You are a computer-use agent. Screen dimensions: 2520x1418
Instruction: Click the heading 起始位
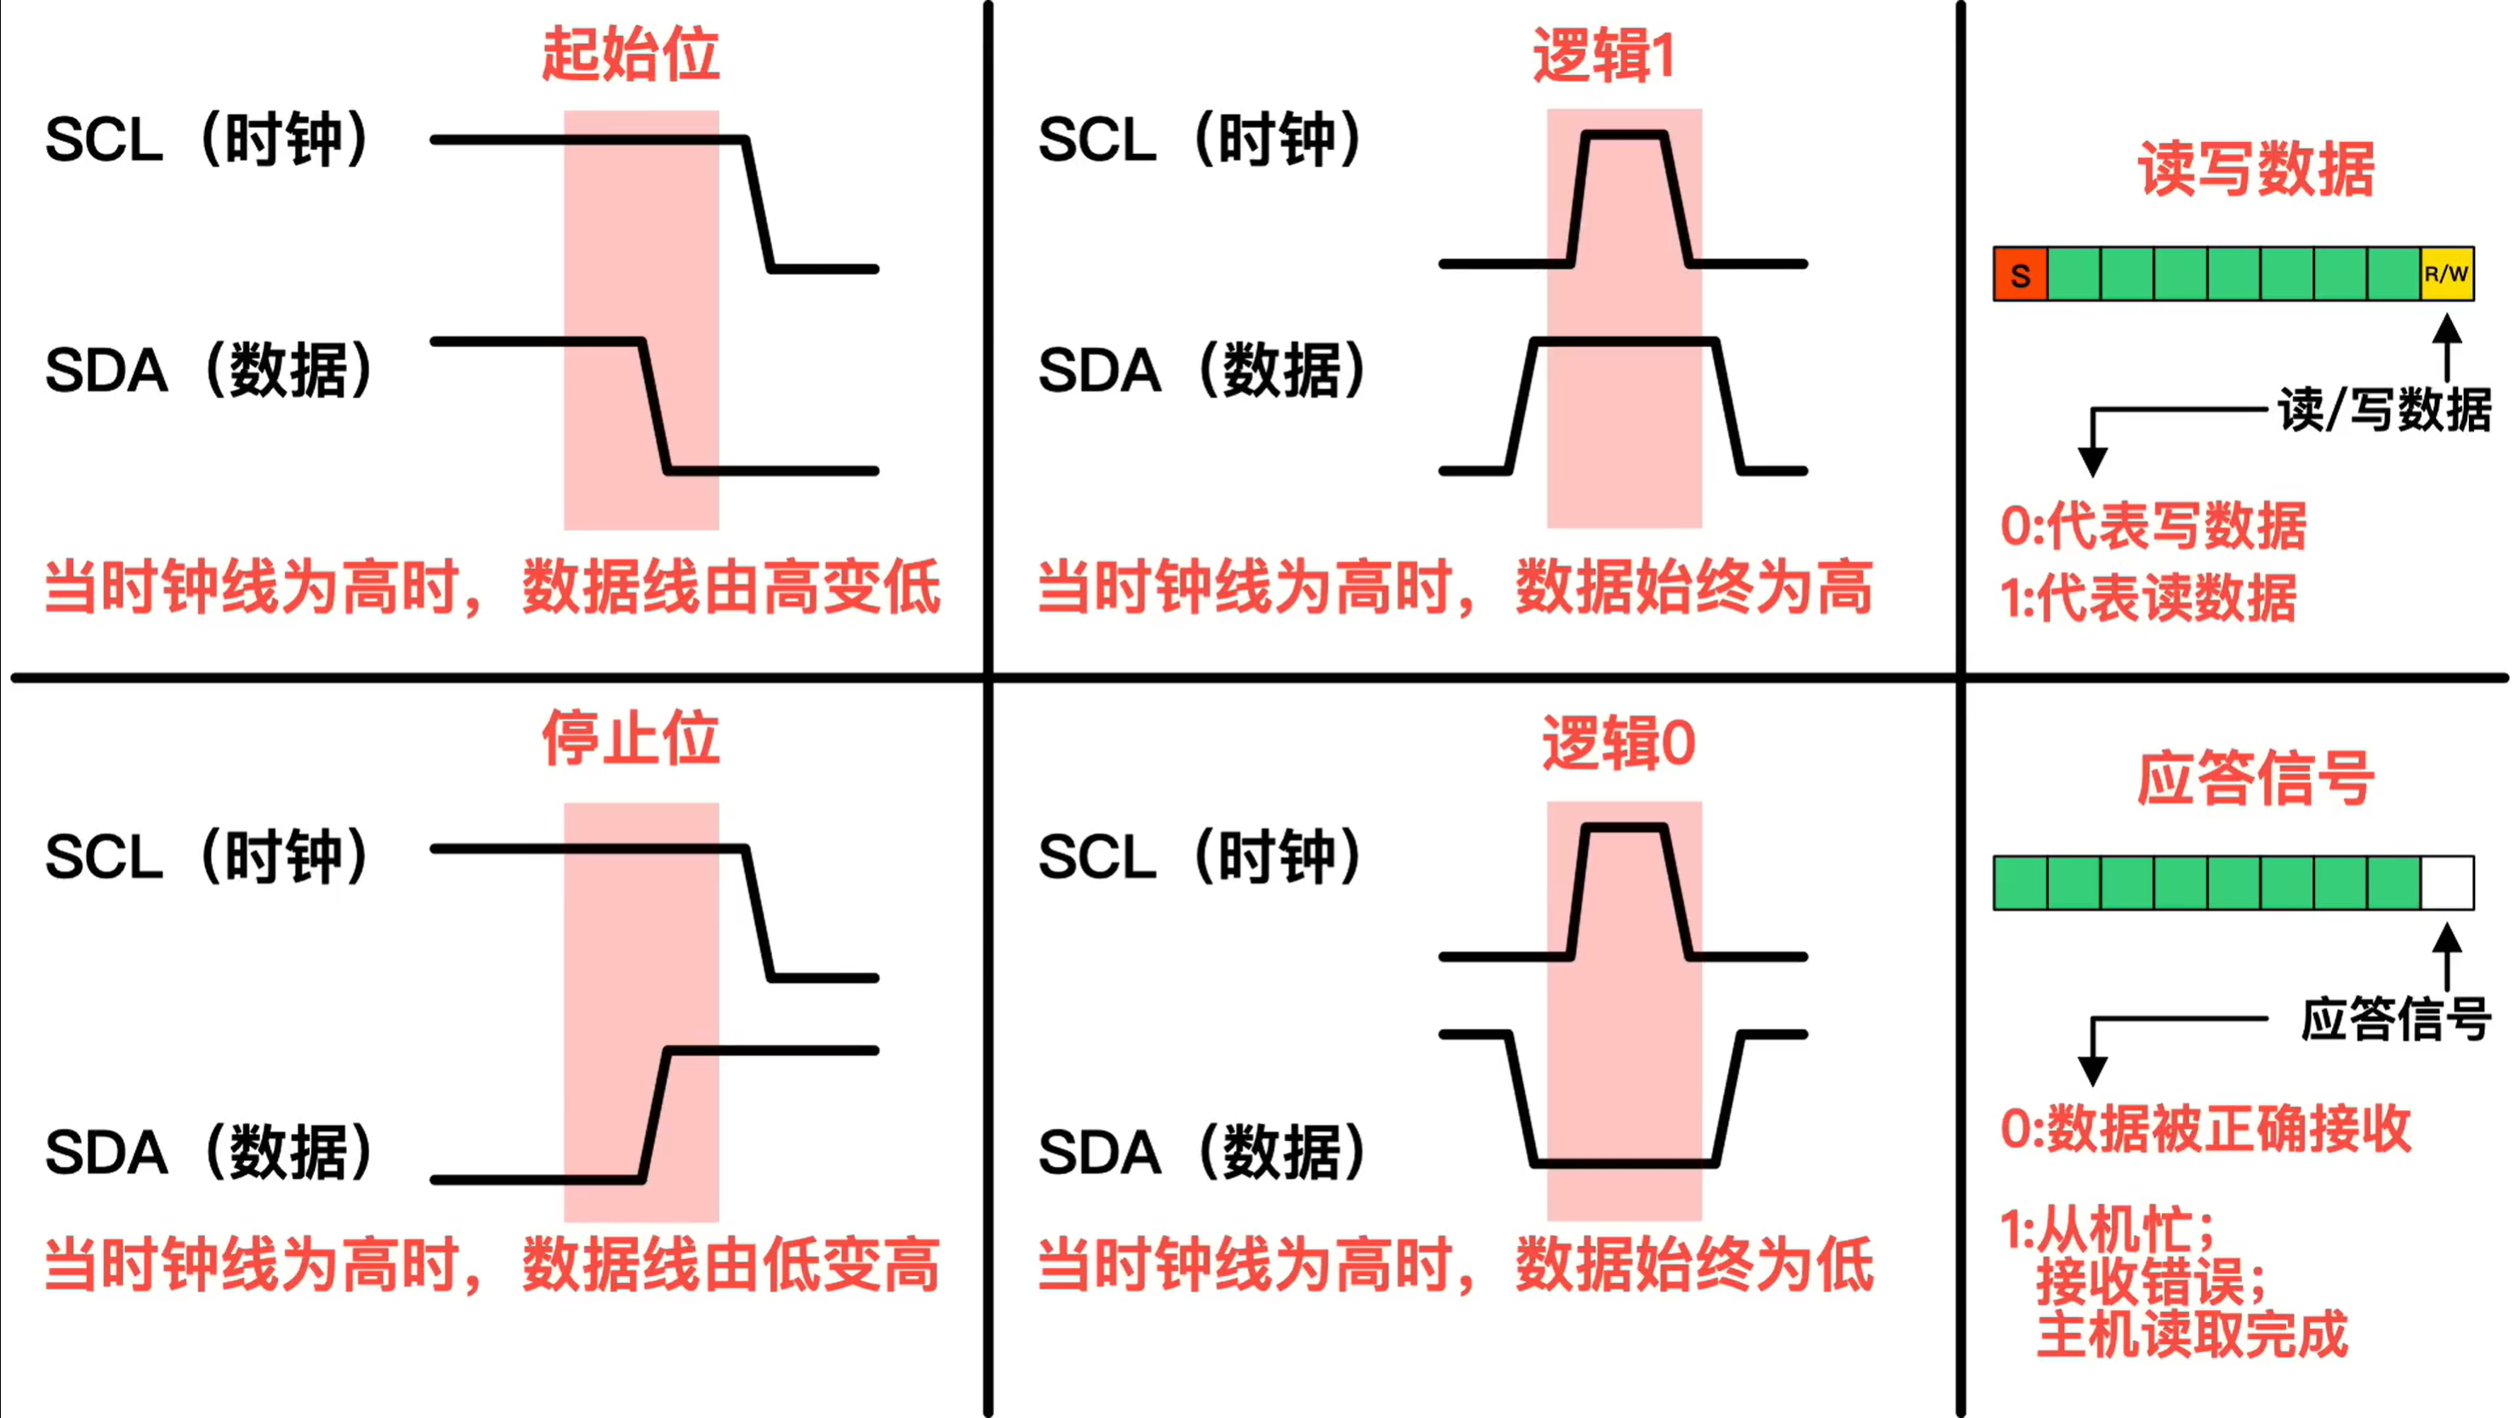pyautogui.click(x=631, y=54)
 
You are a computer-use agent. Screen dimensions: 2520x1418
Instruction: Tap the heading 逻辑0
pyautogui.click(x=1618, y=743)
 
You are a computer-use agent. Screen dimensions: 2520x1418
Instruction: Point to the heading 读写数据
pyautogui.click(x=2255, y=168)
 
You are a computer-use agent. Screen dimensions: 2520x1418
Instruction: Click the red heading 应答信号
pyautogui.click(x=2255, y=778)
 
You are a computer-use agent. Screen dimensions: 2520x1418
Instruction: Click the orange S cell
pyautogui.click(x=2020, y=274)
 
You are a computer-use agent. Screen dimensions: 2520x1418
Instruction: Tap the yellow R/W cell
pyautogui.click(x=2448, y=274)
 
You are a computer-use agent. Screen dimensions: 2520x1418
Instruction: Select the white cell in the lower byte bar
pyautogui.click(x=2448, y=883)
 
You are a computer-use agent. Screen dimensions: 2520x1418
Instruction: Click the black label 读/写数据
pyautogui.click(x=2384, y=409)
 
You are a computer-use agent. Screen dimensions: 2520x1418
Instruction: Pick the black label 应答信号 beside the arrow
pyautogui.click(x=2396, y=1019)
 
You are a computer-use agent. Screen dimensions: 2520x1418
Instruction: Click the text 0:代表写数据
pyautogui.click(x=2153, y=526)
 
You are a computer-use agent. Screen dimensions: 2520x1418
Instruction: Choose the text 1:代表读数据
pyautogui.click(x=2148, y=597)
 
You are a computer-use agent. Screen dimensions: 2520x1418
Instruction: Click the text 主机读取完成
pyautogui.click(x=2192, y=1334)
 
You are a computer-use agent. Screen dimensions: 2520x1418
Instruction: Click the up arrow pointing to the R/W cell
pyautogui.click(x=2447, y=347)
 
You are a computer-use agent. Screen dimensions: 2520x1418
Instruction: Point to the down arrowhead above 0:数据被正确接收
pyautogui.click(x=2092, y=1072)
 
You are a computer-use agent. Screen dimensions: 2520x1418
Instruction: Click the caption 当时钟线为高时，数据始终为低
pyautogui.click(x=1454, y=1266)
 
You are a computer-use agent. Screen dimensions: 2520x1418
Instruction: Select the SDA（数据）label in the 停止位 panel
pyautogui.click(x=208, y=1152)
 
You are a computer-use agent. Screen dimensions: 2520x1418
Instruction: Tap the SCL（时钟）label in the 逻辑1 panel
pyautogui.click(x=1199, y=139)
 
